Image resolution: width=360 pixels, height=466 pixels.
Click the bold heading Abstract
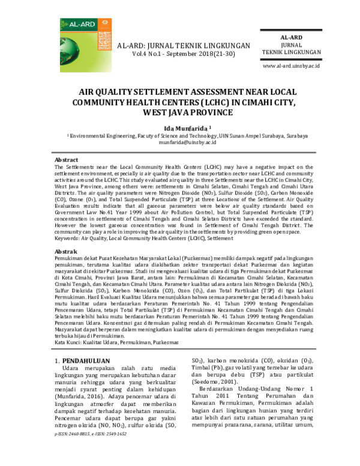66,160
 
